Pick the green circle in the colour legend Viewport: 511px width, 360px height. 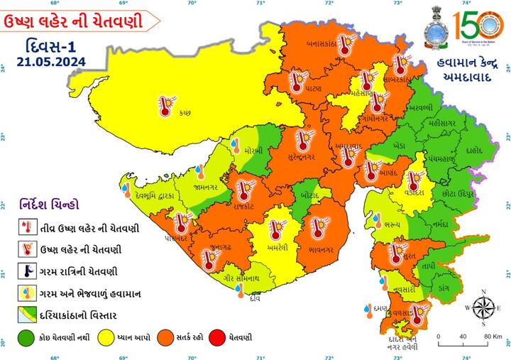(25, 338)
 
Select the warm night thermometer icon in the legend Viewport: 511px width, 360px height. (26, 270)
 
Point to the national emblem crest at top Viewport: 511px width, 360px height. (434, 28)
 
